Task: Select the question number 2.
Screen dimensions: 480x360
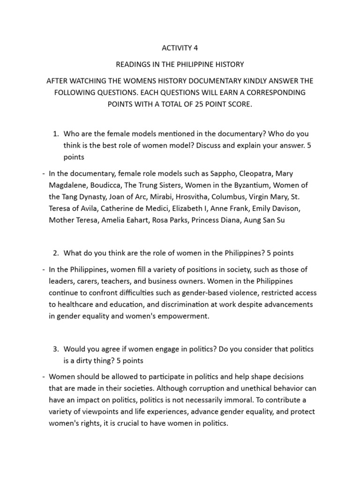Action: [55, 253]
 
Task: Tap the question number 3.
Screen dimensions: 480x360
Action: [55, 349]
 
